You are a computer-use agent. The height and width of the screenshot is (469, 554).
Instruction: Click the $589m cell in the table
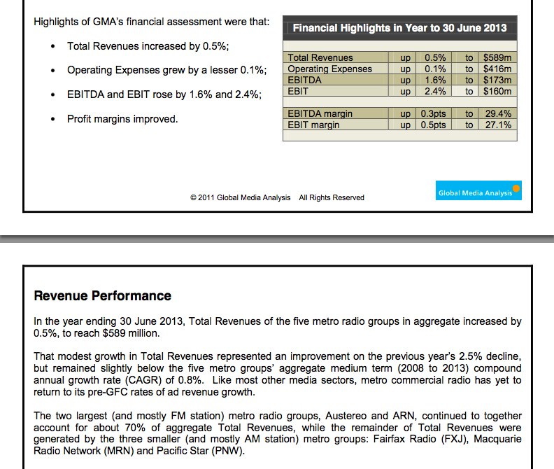[x=497, y=57]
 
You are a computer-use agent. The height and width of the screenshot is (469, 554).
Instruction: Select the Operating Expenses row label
[x=329, y=69]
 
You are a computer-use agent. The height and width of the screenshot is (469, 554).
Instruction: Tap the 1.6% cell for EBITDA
[x=435, y=80]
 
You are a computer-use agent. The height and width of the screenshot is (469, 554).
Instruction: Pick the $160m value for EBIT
[x=497, y=91]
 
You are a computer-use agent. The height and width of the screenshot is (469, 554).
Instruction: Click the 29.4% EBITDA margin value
[x=498, y=113]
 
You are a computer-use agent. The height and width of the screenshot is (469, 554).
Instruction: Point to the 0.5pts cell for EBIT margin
[x=433, y=125]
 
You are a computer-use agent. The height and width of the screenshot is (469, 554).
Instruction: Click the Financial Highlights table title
[x=399, y=28]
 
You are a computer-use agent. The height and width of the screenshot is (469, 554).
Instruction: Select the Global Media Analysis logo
[x=478, y=190]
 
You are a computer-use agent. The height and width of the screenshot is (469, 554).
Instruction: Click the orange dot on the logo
[x=516, y=188]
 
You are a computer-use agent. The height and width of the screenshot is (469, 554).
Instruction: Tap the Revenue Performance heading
[x=102, y=295]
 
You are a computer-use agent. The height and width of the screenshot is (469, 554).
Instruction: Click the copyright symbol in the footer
[x=193, y=197]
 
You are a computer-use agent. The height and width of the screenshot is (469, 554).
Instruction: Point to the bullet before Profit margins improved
[x=53, y=119]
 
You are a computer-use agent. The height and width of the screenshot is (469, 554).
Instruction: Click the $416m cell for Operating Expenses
[x=497, y=69]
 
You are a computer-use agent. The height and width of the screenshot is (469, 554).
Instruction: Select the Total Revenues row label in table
[x=320, y=57]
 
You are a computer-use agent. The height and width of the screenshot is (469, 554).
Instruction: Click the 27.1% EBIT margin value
[x=498, y=125]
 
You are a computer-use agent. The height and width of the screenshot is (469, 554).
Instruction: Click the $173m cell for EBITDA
[x=497, y=80]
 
